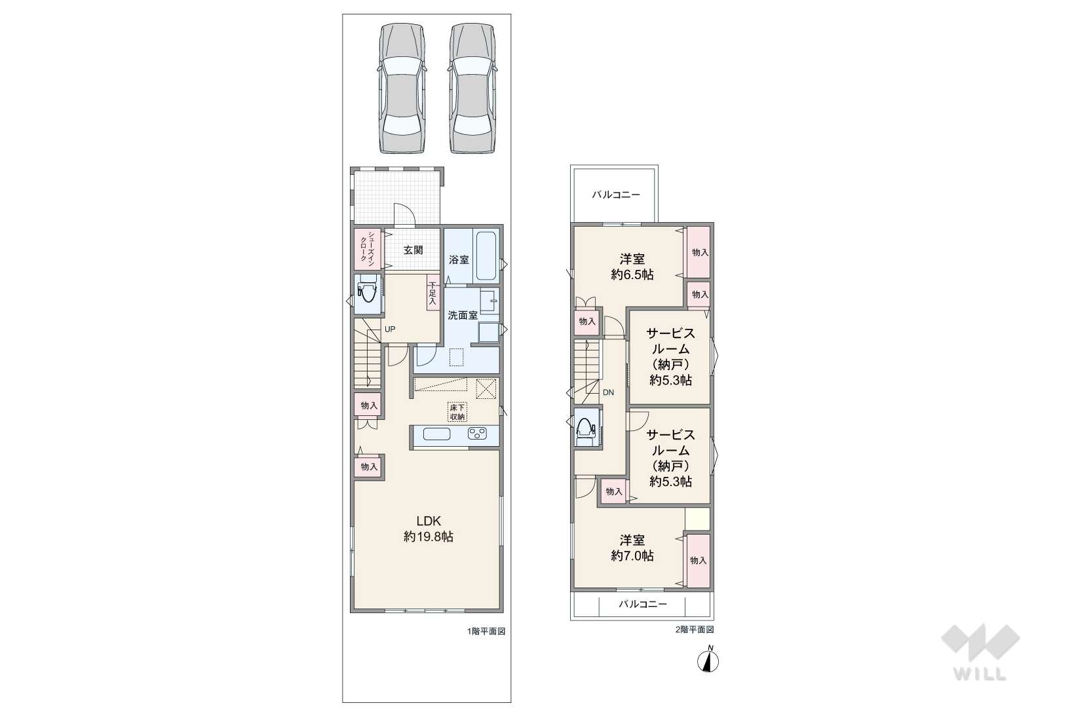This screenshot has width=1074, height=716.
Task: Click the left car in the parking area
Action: tap(401, 88)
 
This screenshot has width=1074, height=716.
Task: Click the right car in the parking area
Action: tap(472, 88)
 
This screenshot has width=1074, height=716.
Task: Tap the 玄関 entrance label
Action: tap(413, 250)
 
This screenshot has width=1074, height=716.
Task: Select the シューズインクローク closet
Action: tap(368, 249)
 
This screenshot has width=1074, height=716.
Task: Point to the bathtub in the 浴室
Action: tap(486, 256)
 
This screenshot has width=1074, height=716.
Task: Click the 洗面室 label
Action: tap(463, 315)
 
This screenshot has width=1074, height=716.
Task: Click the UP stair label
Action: tap(390, 330)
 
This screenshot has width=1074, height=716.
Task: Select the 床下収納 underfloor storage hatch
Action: tap(457, 412)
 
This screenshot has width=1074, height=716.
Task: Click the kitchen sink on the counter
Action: tap(436, 434)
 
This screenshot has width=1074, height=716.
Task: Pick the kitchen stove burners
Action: tap(477, 434)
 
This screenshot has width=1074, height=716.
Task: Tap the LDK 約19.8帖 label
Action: tap(428, 529)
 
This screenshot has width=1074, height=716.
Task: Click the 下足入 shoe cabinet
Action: tap(432, 293)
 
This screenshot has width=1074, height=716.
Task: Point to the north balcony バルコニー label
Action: tap(615, 195)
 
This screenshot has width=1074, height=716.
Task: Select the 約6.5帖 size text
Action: tap(632, 274)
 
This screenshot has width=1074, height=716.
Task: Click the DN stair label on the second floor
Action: tap(608, 392)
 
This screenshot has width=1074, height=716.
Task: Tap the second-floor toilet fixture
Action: tap(585, 427)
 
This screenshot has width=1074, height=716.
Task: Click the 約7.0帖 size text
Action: tap(632, 556)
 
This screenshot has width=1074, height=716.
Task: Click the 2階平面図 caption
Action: tap(694, 630)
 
